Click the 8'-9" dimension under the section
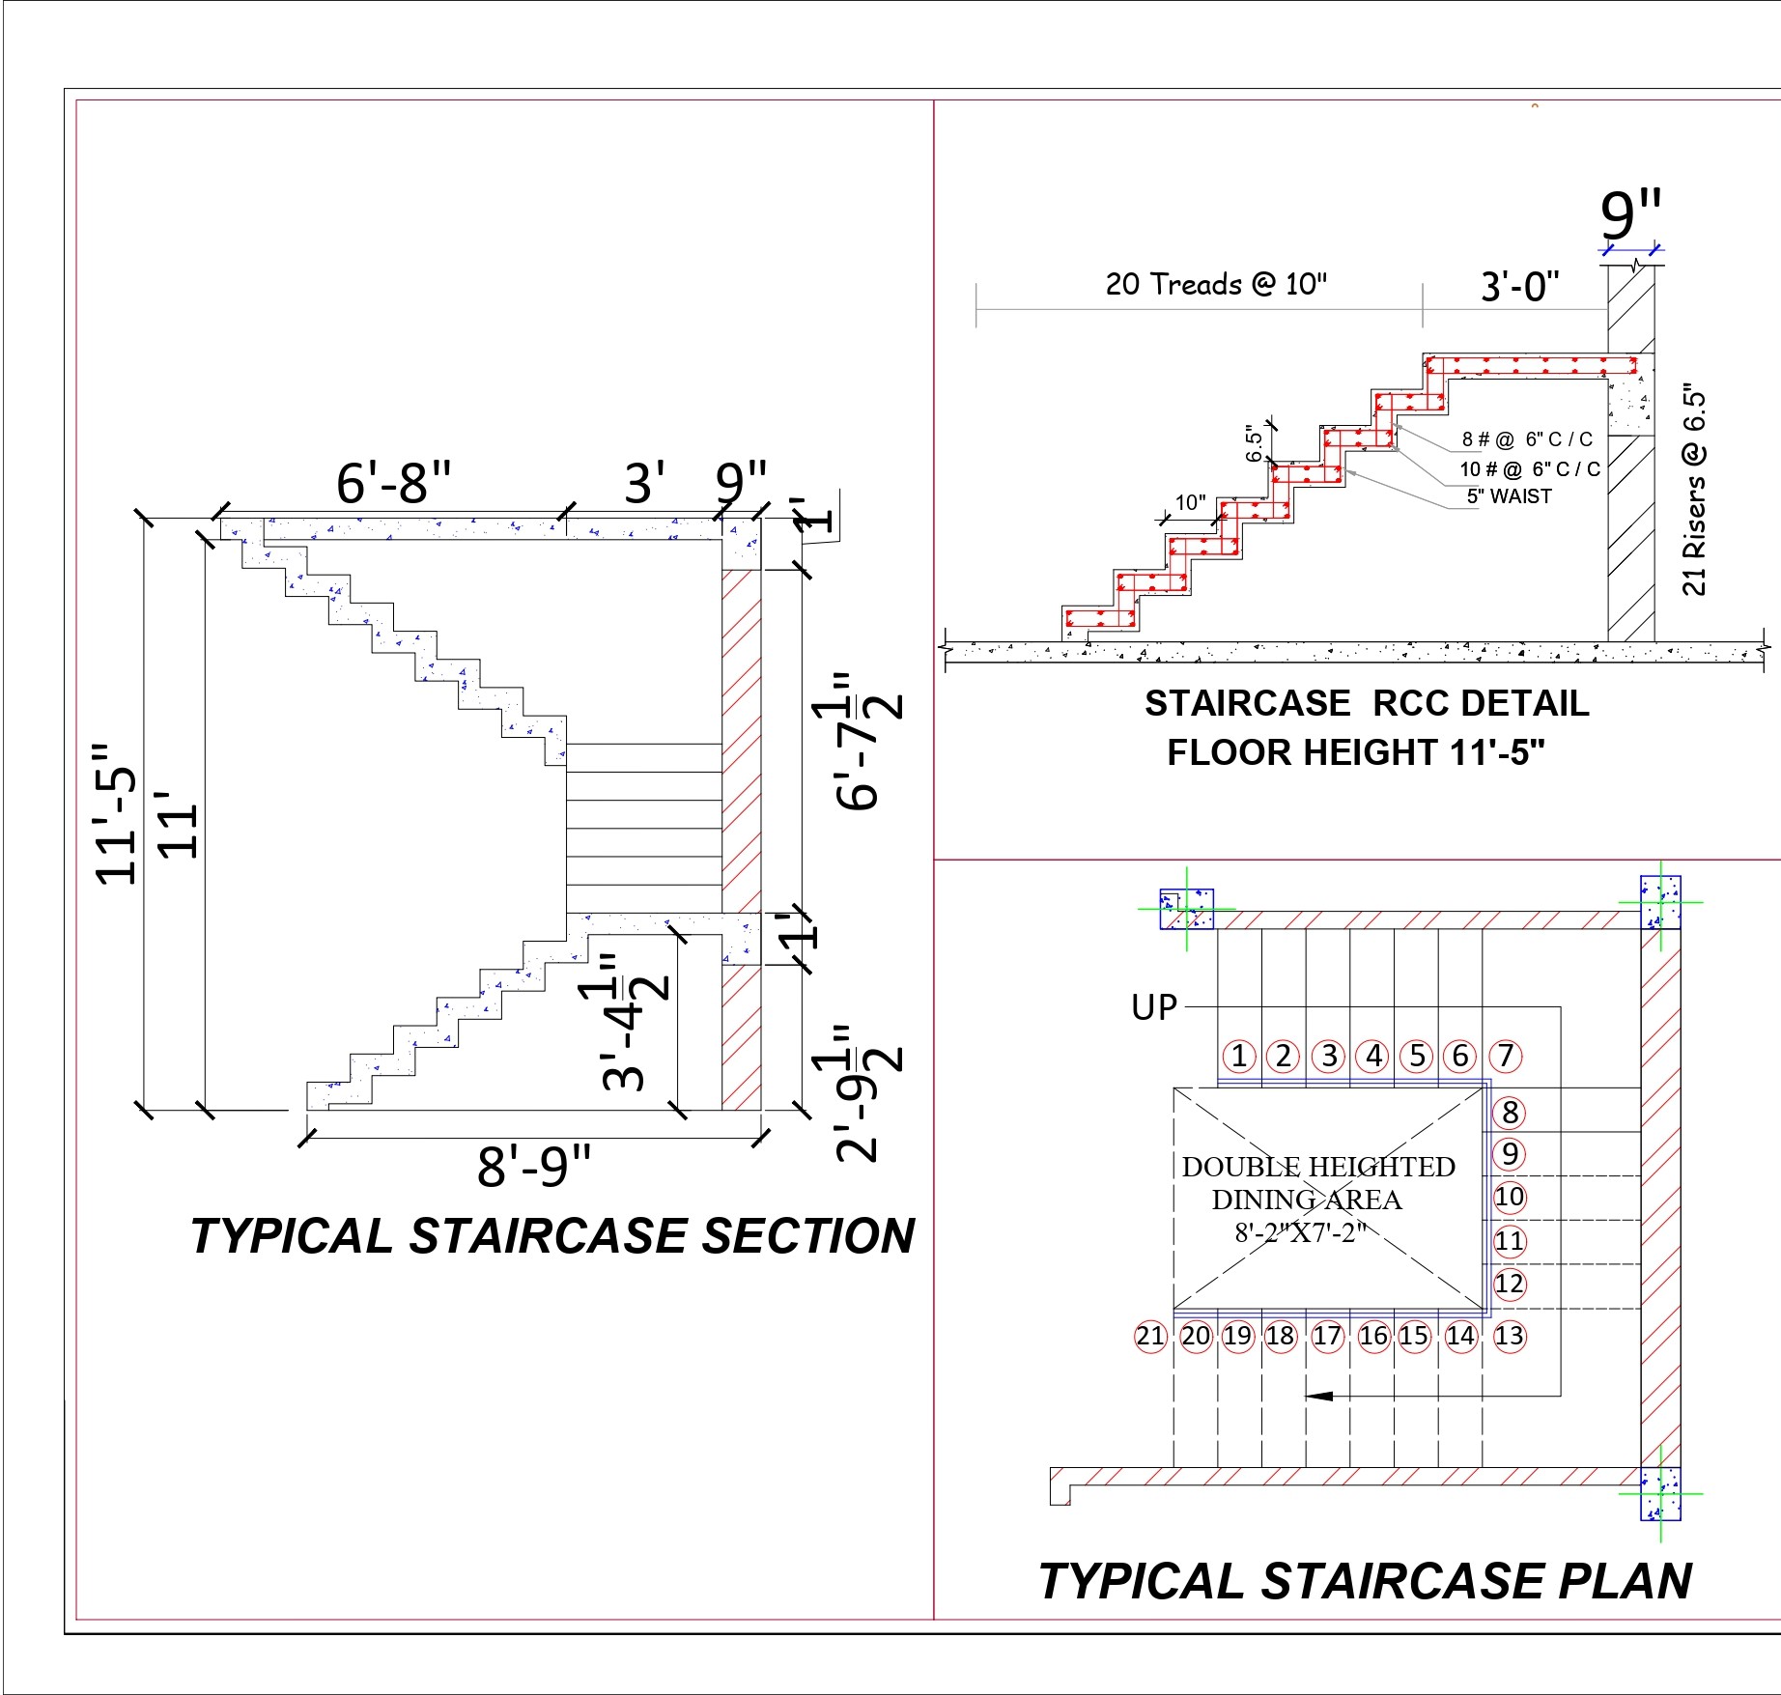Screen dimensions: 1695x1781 point(533,1166)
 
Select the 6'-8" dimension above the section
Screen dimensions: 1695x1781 point(394,483)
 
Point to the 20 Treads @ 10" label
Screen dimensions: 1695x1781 point(1216,284)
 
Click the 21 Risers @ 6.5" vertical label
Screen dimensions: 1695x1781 point(1695,492)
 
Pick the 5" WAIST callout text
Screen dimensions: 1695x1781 point(1509,496)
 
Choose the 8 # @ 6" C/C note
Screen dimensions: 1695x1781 point(1527,439)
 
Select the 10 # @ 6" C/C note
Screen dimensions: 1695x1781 point(1529,469)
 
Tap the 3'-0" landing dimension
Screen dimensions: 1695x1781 point(1520,287)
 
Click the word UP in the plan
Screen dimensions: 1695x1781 point(1154,1007)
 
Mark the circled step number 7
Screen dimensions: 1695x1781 point(1506,1056)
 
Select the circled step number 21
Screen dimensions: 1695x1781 point(1150,1336)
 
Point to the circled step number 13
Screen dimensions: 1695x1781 point(1509,1336)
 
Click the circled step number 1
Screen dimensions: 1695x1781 point(1239,1056)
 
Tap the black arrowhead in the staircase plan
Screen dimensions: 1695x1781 point(1319,1396)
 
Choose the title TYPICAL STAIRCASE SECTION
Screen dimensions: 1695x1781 point(552,1236)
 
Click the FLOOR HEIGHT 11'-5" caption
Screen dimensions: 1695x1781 point(1356,752)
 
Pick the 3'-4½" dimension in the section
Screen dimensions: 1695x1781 point(626,1024)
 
